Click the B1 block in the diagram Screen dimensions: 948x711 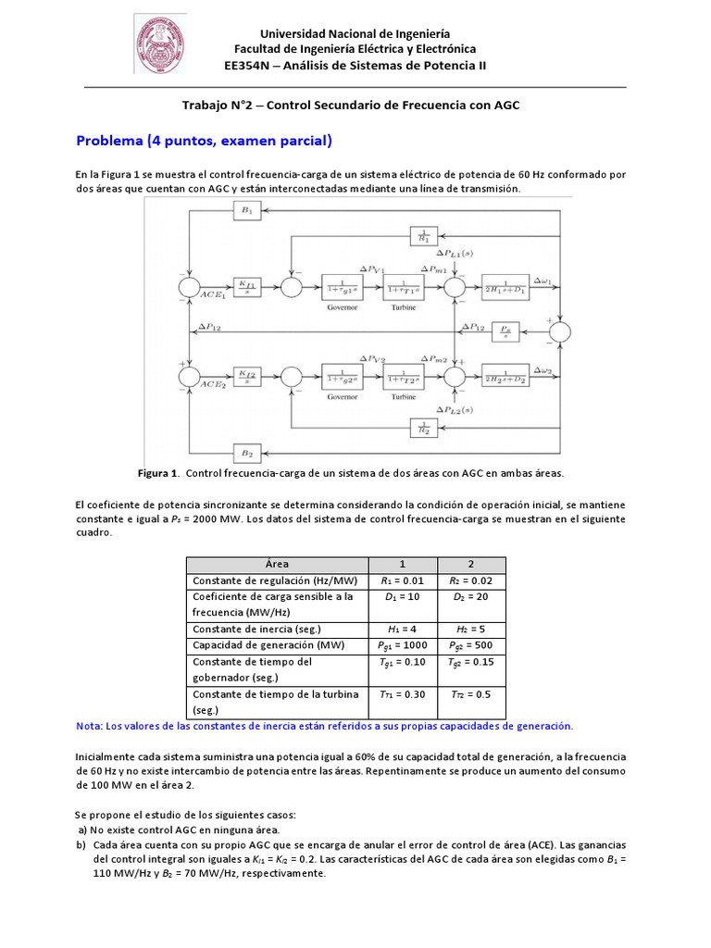coord(246,212)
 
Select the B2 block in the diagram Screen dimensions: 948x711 coord(246,453)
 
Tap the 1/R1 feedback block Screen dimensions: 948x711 coord(424,236)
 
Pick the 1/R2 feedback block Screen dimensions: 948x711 coord(424,427)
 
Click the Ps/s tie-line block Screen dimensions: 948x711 coord(505,331)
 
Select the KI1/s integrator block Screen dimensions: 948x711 coord(246,284)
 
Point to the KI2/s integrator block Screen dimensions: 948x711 coord(246,376)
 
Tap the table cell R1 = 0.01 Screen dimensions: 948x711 coord(402,580)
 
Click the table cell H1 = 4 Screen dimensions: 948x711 coord(402,629)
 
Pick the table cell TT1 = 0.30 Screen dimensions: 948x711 coord(402,694)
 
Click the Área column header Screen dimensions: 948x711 coord(277,564)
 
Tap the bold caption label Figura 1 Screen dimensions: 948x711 coord(157,472)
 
